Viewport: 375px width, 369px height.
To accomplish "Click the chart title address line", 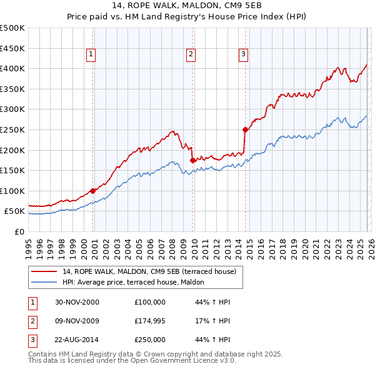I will coord(187,6).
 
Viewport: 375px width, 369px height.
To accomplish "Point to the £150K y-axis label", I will coord(12,170).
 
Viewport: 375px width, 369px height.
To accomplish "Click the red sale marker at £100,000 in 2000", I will coord(93,191).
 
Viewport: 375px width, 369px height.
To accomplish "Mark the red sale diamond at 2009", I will coord(192,160).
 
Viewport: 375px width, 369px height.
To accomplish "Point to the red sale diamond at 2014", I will coord(245,129).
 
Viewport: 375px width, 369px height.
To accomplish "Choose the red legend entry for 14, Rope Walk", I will coord(149,271).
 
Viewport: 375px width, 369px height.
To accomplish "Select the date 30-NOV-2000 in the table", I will coord(76,302).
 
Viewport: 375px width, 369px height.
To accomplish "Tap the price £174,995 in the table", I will coord(150,321).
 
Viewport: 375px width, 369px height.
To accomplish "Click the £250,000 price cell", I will coord(150,341).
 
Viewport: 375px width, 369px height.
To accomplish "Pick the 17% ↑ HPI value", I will coord(212,321).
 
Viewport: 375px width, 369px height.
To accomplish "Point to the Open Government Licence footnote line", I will coord(132,361).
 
